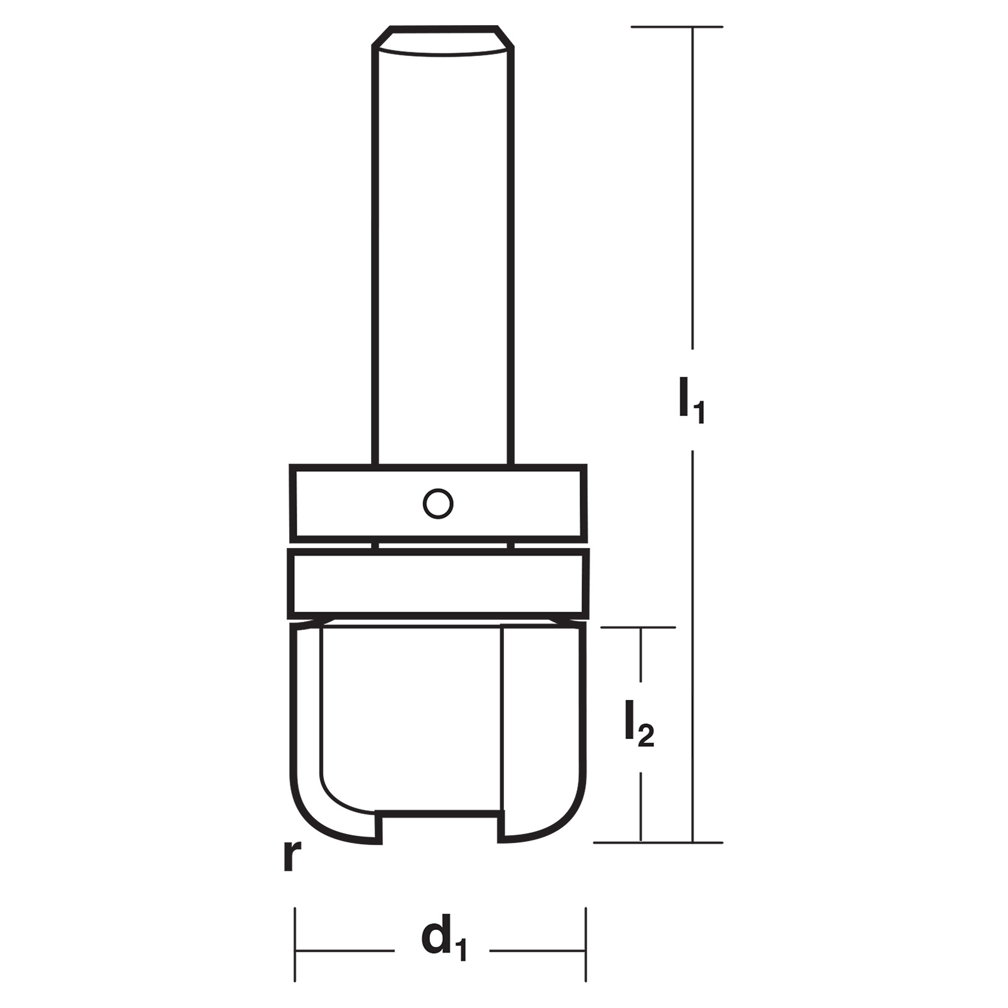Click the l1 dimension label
pyautogui.click(x=691, y=400)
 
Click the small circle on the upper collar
pyautogui.click(x=438, y=504)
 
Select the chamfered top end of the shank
pyautogui.click(x=444, y=41)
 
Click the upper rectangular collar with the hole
pyautogui.click(x=438, y=503)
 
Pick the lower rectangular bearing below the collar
pyautogui.click(x=438, y=584)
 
